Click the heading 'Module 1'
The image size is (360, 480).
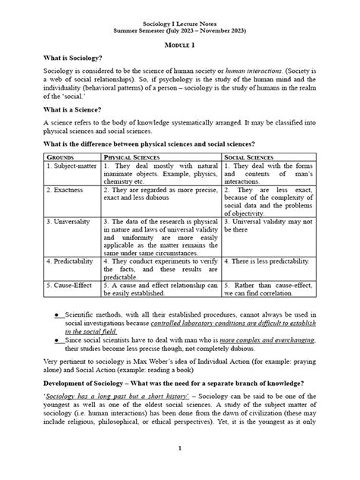coord(180,46)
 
